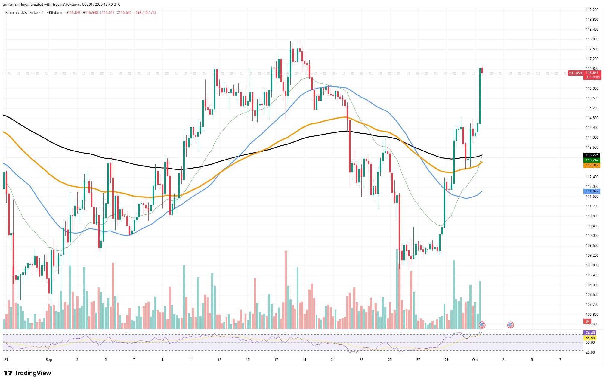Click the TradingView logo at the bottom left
click(27, 373)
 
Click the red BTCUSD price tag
click(575, 73)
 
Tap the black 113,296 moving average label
click(592, 155)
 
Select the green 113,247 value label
click(592, 160)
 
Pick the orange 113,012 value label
click(592, 165)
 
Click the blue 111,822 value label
click(592, 191)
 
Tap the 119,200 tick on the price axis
click(592, 10)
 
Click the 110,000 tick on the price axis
click(592, 236)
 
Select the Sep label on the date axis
click(49, 360)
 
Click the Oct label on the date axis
click(475, 360)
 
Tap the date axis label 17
click(276, 360)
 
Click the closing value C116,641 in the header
click(124, 13)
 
